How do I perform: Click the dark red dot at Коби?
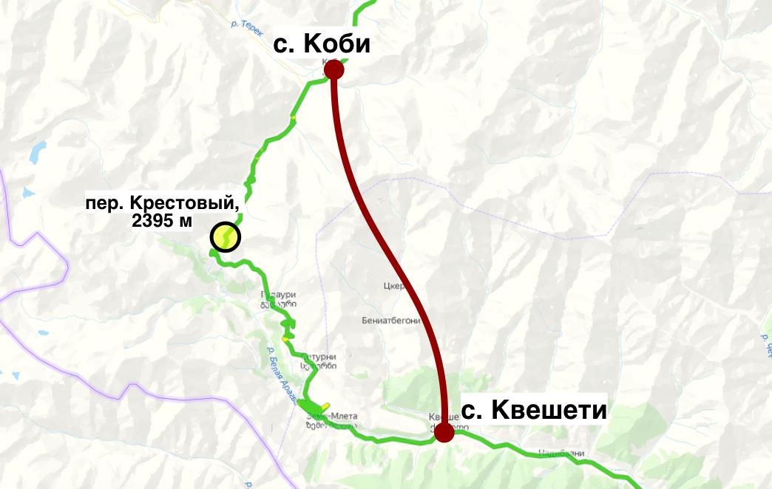tap(334, 69)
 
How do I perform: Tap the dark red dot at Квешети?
tap(444, 432)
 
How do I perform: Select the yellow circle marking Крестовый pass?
tap(225, 237)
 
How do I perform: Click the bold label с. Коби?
tap(322, 44)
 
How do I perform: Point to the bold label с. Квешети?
tap(534, 410)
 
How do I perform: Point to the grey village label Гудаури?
tap(278, 294)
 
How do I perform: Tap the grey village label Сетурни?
tap(319, 356)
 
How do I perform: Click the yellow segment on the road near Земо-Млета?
tap(323, 406)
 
